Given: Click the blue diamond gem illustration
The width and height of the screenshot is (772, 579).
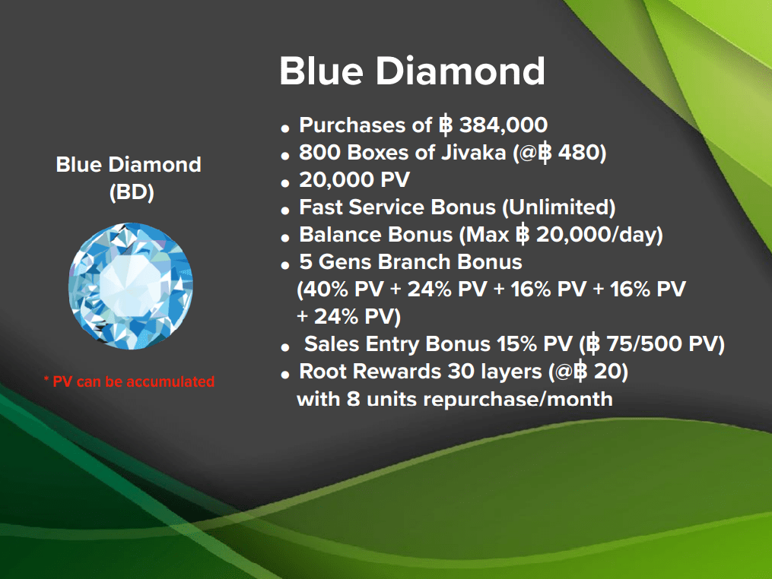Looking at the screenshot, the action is [x=131, y=286].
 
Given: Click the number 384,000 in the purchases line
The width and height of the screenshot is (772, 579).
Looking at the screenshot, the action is [x=504, y=125].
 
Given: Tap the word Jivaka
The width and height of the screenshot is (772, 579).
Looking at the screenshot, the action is [x=473, y=153].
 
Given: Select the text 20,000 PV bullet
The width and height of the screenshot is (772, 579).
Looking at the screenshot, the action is [x=354, y=180].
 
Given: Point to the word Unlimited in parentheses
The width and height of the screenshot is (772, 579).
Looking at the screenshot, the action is [x=558, y=207].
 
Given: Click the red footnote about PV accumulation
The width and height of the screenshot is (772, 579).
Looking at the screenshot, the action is [x=129, y=381].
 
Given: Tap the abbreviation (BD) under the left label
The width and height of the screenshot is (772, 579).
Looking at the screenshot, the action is [x=132, y=191].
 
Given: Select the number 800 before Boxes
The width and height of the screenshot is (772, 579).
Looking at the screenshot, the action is [x=320, y=153].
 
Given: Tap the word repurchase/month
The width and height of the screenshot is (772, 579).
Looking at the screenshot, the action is [x=518, y=399].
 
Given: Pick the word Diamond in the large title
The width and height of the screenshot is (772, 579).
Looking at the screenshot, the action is [x=460, y=71].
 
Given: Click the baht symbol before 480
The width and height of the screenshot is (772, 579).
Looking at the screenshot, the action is [x=545, y=153].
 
